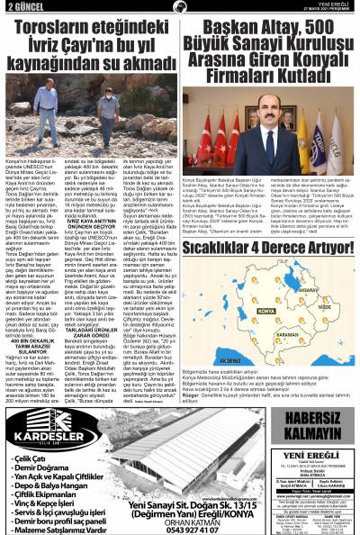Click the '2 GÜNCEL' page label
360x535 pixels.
click(22, 6)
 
